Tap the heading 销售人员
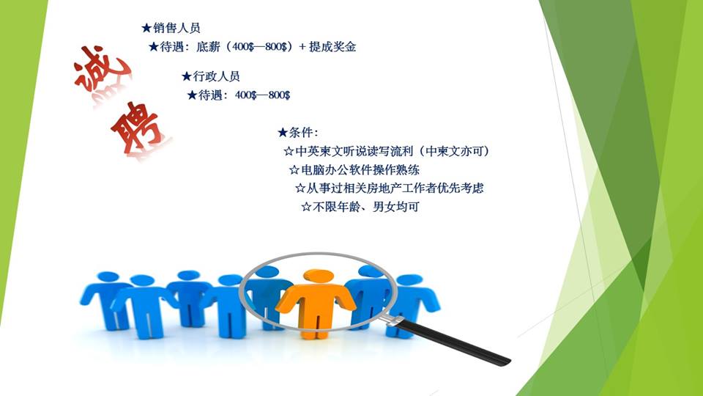[176, 29]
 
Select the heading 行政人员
[217, 76]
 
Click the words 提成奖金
[332, 47]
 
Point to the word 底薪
[208, 47]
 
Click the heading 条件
[301, 133]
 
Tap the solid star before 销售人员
[146, 29]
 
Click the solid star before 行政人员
[187, 77]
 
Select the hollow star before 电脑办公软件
[294, 170]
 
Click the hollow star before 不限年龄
[306, 207]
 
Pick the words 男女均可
[396, 207]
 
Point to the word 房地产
[373, 188]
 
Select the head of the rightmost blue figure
[410, 280]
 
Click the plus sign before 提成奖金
[302, 47]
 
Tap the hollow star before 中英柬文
[289, 151]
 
